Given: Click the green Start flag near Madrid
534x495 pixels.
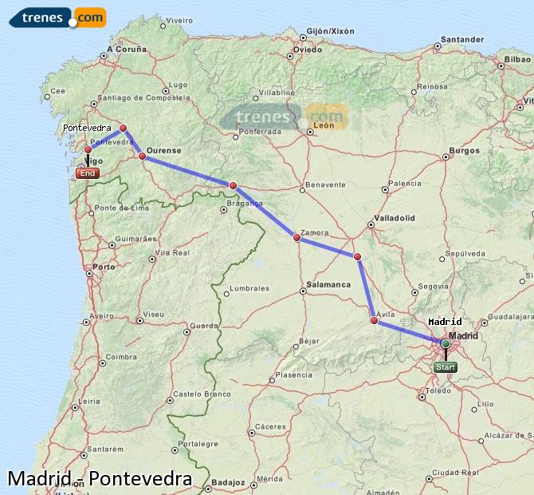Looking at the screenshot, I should point(446,367).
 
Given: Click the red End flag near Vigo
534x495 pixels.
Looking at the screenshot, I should point(88,173).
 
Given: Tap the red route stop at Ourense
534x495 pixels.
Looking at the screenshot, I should point(143,156).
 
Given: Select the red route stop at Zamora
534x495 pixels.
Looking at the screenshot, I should point(296,237).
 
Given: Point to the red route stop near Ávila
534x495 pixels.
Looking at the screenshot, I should point(374,321).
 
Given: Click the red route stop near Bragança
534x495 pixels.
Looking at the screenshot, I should point(233,185).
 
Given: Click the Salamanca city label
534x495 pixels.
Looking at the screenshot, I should point(328,284).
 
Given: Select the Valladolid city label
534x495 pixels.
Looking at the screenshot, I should point(395,217).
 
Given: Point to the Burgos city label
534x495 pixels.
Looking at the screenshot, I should point(464,150).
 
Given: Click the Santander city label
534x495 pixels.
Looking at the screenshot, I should point(462,39).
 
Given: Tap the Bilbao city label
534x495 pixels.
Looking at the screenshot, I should point(516,60).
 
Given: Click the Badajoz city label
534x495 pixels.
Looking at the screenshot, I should point(228,482).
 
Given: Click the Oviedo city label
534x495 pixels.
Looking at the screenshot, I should point(307,49).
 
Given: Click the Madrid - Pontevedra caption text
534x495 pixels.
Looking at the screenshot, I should point(100,479).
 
